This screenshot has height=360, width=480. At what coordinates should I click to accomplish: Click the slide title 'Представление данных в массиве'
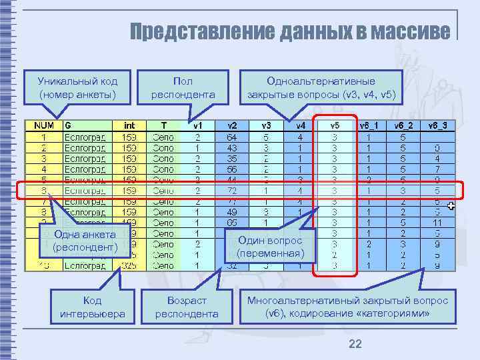click(289, 31)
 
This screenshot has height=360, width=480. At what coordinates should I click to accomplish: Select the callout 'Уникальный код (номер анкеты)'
click(77, 88)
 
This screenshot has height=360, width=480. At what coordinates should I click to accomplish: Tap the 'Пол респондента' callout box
click(183, 88)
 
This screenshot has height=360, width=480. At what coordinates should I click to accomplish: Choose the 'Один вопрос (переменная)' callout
click(279, 247)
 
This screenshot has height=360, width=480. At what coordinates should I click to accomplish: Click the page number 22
click(355, 343)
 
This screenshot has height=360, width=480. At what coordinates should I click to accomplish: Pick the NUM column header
click(44, 125)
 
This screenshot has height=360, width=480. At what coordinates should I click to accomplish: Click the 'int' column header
click(129, 125)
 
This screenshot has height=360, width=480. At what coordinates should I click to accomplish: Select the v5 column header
click(335, 125)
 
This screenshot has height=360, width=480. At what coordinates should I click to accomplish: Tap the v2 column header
click(232, 125)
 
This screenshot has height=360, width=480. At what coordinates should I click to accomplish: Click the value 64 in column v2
click(232, 137)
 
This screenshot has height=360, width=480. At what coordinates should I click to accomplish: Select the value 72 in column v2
click(232, 190)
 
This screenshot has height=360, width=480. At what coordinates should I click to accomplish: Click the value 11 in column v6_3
click(437, 223)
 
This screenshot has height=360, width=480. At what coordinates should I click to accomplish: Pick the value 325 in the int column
click(129, 265)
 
